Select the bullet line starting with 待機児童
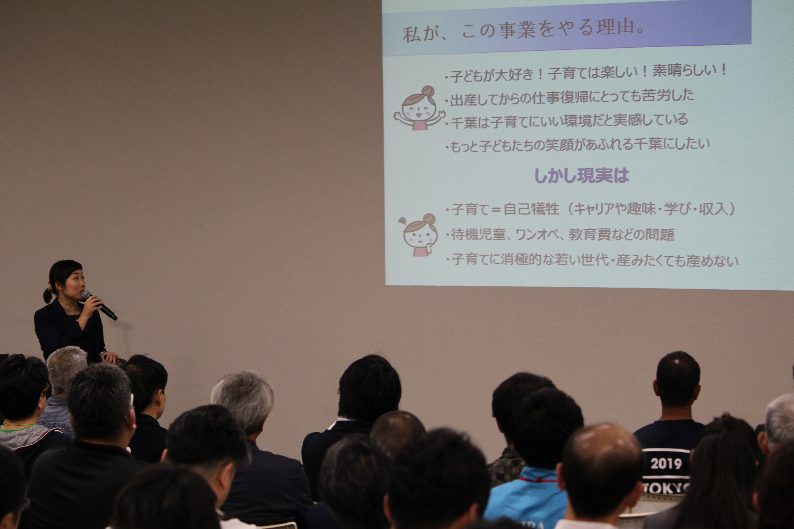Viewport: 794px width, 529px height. tap(560, 234)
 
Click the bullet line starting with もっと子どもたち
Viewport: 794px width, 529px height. tap(577, 145)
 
